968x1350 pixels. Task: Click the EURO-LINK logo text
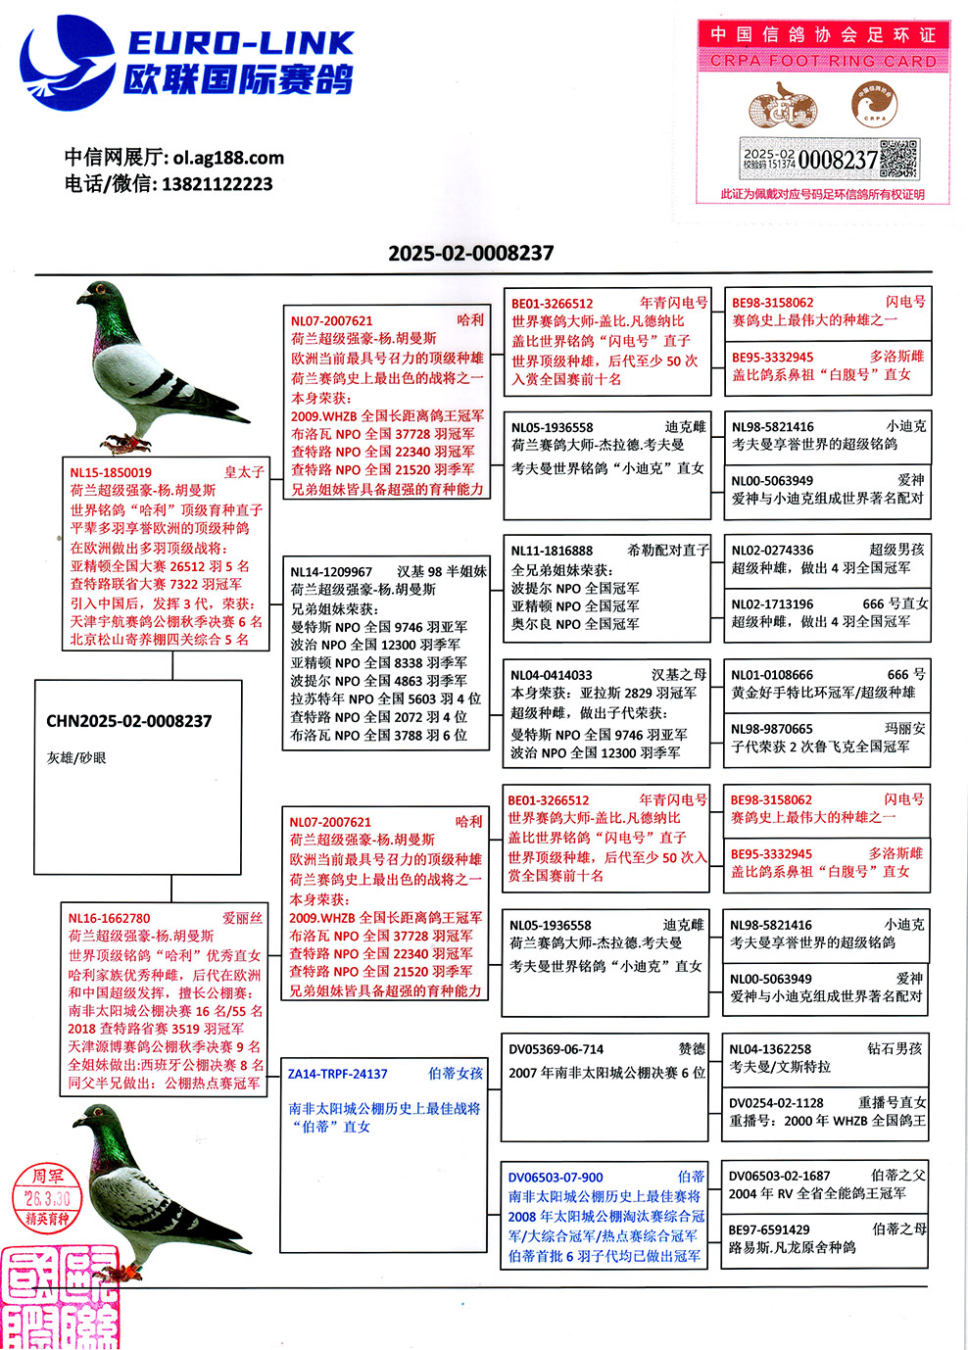[240, 43]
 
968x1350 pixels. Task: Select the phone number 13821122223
[217, 184]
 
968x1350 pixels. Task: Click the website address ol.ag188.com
[228, 158]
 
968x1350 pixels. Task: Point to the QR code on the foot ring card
[898, 159]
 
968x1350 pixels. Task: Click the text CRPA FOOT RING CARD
[823, 61]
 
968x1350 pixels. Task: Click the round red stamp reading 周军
[47, 1196]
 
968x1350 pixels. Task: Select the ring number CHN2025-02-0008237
[128, 721]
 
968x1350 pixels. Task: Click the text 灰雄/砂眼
[75, 757]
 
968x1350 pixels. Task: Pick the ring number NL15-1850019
[111, 472]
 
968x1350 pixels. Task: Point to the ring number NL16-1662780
[109, 918]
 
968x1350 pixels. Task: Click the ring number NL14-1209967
[331, 571]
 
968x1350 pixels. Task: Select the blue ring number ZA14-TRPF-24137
[337, 1074]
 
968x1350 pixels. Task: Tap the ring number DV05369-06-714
[556, 1049]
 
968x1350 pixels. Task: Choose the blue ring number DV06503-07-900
[556, 1178]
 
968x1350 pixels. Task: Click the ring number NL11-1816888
[552, 551]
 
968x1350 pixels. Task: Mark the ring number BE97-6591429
[769, 1229]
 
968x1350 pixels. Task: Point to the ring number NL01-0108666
[772, 675]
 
